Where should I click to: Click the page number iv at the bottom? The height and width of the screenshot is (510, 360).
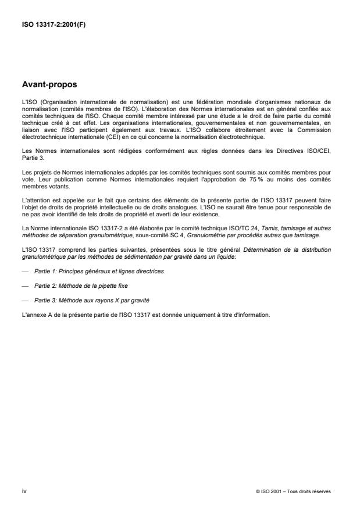click(24, 491)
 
